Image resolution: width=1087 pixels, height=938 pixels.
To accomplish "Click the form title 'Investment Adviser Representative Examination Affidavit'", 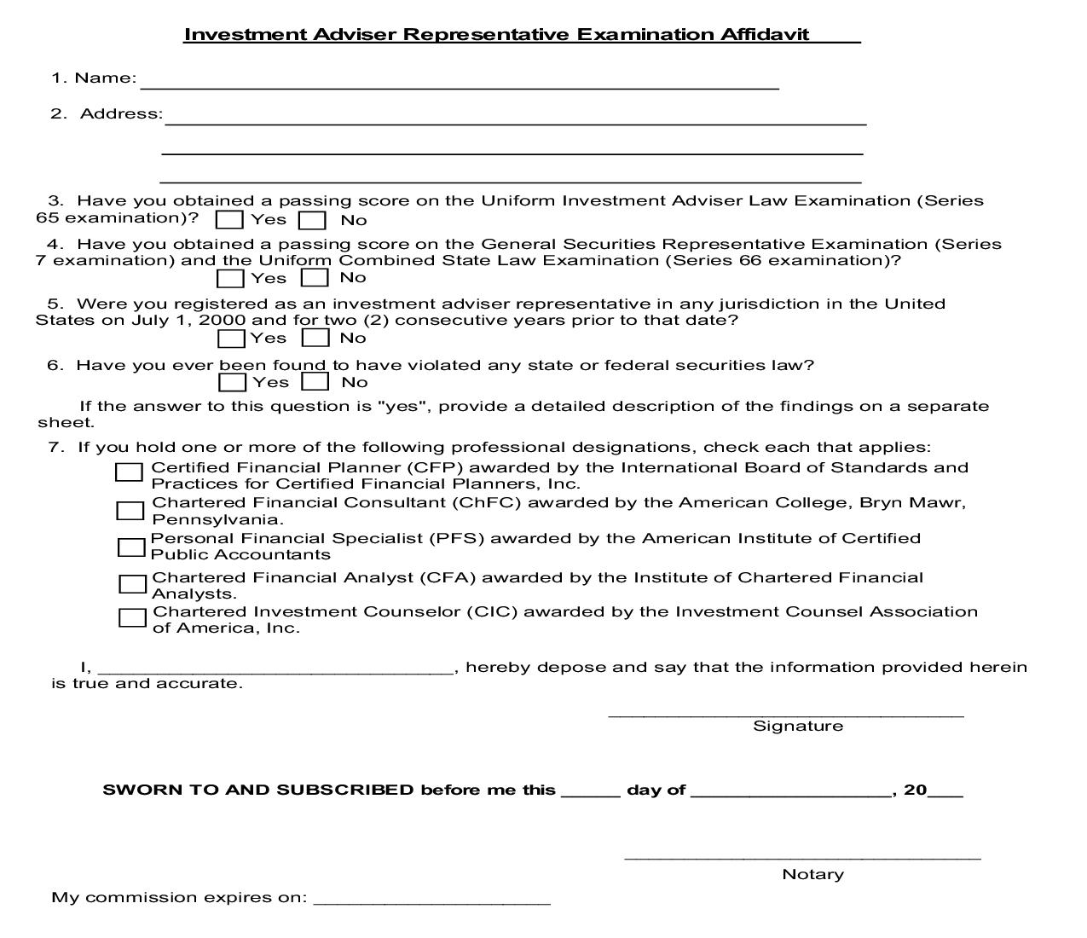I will (x=496, y=35).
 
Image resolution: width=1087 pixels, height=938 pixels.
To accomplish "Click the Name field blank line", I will (x=460, y=82).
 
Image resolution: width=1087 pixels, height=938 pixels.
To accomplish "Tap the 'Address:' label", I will (x=120, y=114).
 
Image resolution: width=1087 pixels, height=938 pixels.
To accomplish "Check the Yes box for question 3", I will (x=229, y=220).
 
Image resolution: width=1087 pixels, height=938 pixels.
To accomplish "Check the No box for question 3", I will (x=312, y=220).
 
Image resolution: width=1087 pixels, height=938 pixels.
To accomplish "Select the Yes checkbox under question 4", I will (x=230, y=278).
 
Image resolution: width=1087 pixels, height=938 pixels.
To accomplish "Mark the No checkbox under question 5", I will (x=315, y=338).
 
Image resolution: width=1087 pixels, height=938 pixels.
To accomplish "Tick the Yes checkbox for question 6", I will (x=232, y=383).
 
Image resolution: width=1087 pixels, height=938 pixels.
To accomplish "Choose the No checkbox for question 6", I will (x=315, y=382).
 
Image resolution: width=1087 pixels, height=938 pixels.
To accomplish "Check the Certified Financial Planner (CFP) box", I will (x=129, y=472).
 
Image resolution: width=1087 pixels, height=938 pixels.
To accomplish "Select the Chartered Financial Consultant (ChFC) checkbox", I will (x=130, y=511).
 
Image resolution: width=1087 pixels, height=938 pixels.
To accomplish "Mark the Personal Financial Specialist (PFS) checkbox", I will (x=131, y=547).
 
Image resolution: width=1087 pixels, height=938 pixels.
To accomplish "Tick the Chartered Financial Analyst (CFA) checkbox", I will (x=132, y=584).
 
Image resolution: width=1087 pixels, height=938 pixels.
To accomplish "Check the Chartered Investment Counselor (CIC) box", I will (x=132, y=617).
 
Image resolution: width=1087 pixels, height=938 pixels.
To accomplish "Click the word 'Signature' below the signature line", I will (x=798, y=727).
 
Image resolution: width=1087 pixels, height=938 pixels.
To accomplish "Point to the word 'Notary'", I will (x=812, y=875).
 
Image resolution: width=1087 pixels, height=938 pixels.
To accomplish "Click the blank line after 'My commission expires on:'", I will (x=431, y=899).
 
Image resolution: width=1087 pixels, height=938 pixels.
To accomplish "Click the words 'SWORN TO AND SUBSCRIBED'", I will (x=257, y=790).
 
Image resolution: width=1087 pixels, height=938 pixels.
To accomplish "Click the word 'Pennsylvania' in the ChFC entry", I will (x=216, y=519).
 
